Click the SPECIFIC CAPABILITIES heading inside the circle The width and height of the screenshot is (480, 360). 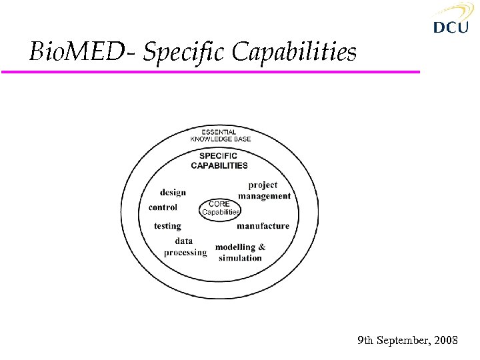point(219,161)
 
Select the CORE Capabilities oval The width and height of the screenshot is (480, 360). point(220,208)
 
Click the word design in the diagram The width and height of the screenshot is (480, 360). point(173,192)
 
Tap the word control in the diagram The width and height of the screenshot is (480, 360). point(163,207)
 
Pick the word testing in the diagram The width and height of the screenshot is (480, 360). point(167,226)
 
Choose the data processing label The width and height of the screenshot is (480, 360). point(185,247)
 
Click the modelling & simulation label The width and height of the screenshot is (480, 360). point(240,252)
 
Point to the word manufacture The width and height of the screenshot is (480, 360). point(263,226)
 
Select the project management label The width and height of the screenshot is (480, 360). point(264,190)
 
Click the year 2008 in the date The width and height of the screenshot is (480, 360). point(445,341)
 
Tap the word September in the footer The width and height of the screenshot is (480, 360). point(403,341)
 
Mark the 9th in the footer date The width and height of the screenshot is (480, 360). point(365,341)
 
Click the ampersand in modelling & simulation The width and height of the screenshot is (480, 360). point(261,247)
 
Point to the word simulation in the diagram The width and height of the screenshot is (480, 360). point(240,258)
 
